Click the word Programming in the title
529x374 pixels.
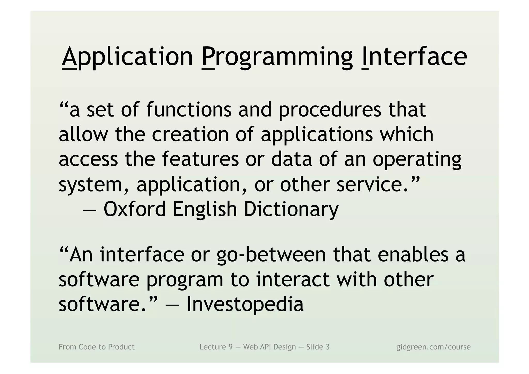pyautogui.click(x=277, y=57)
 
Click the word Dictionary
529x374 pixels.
pyautogui.click(x=291, y=209)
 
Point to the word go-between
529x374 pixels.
pyautogui.click(x=271, y=255)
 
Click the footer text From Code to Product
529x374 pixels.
pyautogui.click(x=97, y=347)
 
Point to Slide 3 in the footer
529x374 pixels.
pyautogui.click(x=318, y=347)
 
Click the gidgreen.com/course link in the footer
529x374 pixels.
pyautogui.click(x=433, y=347)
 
